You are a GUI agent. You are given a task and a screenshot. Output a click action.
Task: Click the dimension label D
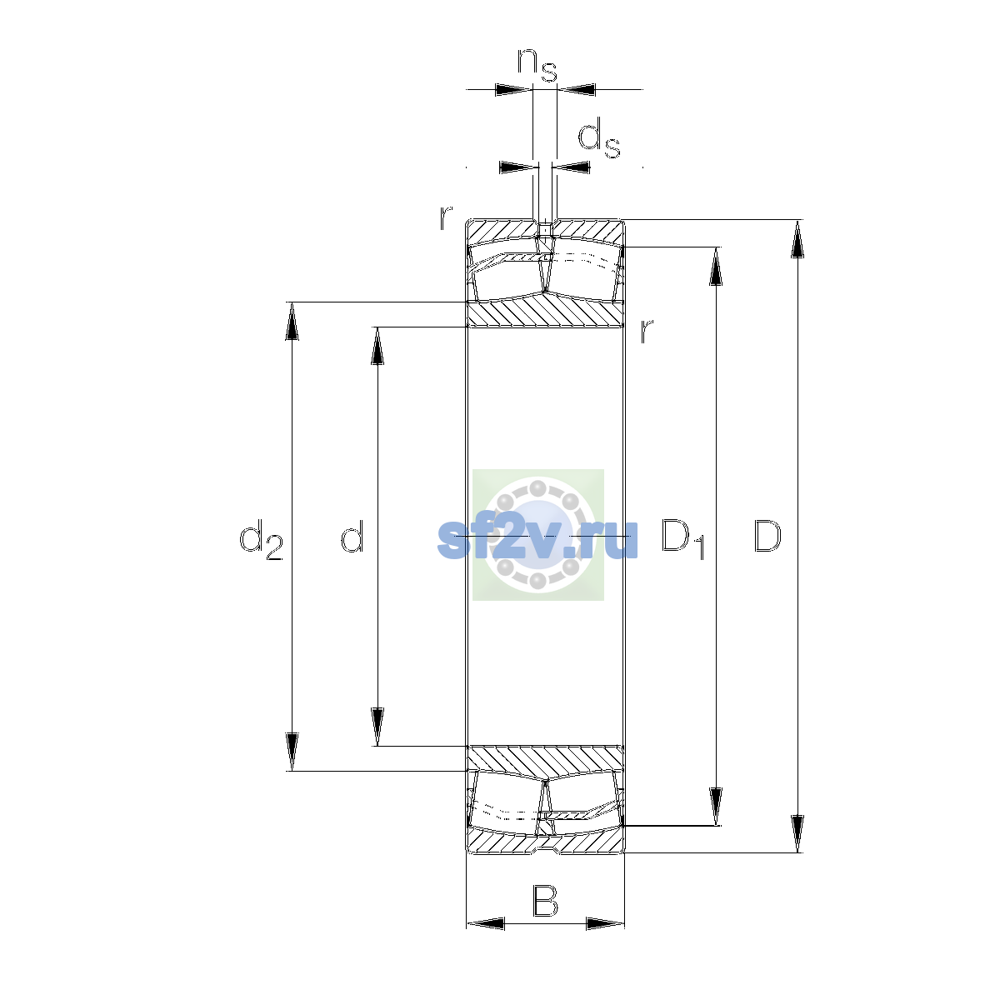click(767, 536)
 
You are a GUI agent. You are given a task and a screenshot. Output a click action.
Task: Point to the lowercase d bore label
click(352, 535)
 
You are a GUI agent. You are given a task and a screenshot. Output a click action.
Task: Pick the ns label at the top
click(537, 64)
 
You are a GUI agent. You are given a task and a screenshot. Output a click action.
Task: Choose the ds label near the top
click(599, 137)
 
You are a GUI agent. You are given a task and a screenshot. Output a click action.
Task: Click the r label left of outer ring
click(445, 218)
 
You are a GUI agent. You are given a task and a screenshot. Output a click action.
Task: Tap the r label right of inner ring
click(646, 331)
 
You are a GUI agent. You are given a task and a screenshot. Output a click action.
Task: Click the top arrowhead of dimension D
click(797, 238)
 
